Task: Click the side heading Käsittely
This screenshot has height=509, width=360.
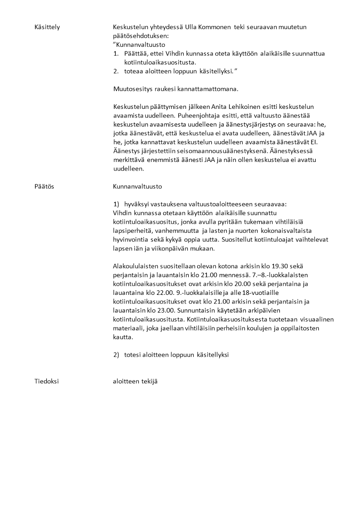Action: click(47, 28)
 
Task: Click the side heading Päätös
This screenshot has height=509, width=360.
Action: click(44, 186)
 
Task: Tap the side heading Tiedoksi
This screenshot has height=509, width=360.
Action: click(47, 382)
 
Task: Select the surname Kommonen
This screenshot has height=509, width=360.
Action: click(214, 28)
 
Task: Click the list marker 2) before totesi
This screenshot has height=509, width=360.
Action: click(117, 355)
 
